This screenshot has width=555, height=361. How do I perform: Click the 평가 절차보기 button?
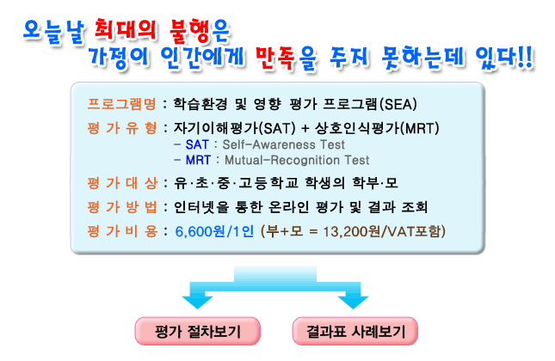click(x=198, y=331)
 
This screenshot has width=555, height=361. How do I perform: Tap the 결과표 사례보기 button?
click(x=355, y=331)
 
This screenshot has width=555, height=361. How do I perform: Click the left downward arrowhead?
click(x=197, y=303)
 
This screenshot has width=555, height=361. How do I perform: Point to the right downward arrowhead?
click(x=353, y=303)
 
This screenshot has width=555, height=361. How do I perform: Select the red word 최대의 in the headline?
click(x=125, y=30)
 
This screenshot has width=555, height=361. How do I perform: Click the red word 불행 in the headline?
click(x=190, y=31)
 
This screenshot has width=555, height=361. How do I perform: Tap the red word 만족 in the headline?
click(x=277, y=58)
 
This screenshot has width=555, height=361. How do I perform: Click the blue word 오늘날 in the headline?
click(x=54, y=32)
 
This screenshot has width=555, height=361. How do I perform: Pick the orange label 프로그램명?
click(x=122, y=104)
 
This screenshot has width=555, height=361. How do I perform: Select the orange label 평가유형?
click(x=122, y=128)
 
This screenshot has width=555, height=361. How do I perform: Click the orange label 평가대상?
click(x=122, y=183)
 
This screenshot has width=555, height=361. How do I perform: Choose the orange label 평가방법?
click(x=122, y=207)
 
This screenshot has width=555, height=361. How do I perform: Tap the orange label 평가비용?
click(x=122, y=231)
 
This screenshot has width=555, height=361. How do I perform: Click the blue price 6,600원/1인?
click(x=214, y=231)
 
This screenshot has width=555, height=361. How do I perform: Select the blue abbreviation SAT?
click(x=197, y=144)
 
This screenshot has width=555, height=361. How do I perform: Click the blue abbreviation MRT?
click(x=198, y=160)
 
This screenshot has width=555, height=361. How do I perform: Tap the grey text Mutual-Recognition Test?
click(x=297, y=160)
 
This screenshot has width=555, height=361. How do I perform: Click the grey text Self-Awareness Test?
click(x=283, y=144)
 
